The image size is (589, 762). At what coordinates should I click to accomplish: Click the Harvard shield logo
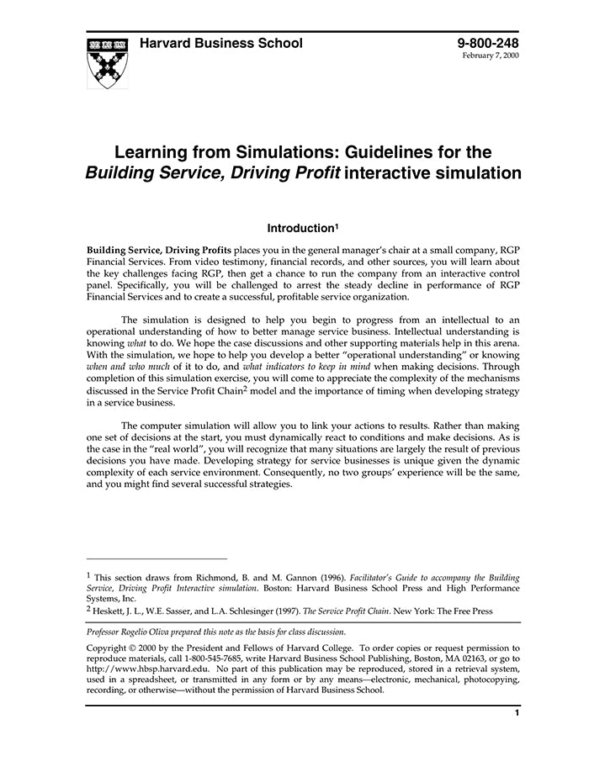coord(107,62)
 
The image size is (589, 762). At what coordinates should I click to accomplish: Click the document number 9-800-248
coord(488,43)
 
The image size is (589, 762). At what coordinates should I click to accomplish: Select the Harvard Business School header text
coord(220,44)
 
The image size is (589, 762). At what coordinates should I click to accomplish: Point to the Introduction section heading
coord(300,228)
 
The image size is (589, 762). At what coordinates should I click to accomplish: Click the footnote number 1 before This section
coord(88,576)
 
